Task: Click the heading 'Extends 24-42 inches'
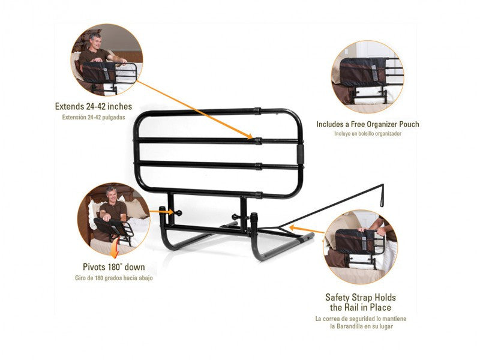[94, 106]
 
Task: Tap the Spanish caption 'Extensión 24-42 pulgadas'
[94, 117]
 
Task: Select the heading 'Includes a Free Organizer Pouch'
[368, 124]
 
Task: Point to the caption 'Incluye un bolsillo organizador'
[368, 133]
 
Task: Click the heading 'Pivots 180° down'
[114, 267]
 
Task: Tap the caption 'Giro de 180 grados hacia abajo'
[114, 278]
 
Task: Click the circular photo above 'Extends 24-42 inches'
[107, 60]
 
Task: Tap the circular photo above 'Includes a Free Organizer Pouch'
[368, 77]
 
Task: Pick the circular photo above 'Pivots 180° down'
[113, 219]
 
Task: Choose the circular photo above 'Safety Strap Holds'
[361, 247]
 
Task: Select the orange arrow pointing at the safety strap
[306, 230]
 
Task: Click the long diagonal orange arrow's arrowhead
[249, 136]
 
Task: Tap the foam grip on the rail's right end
[301, 154]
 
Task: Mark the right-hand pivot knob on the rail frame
[235, 217]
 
